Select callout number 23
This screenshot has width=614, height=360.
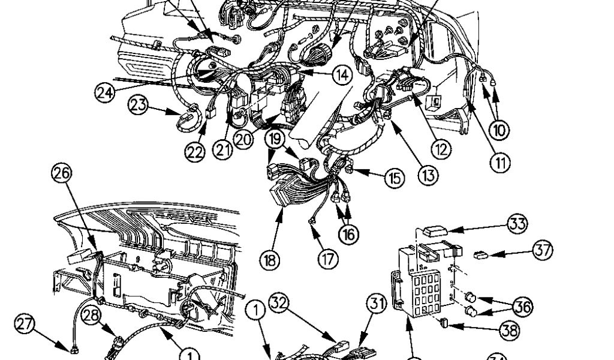tap(139, 106)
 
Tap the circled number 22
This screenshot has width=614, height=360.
tap(194, 152)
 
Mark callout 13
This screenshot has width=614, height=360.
tap(428, 175)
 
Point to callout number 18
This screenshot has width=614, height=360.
tap(270, 260)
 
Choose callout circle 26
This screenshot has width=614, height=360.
tap(61, 173)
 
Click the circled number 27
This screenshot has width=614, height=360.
tap(24, 325)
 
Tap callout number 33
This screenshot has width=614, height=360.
tap(517, 224)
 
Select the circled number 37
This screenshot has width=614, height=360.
tap(543, 250)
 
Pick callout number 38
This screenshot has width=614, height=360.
tap(511, 329)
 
